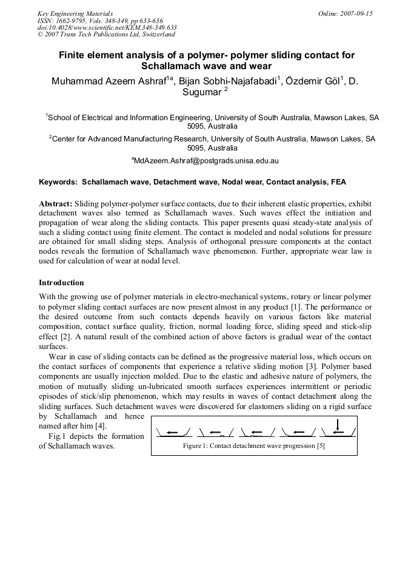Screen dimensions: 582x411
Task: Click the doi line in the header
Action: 107,27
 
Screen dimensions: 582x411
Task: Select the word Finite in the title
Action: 72,55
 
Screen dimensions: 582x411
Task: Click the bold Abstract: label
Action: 56,203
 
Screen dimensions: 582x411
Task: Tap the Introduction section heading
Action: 61,283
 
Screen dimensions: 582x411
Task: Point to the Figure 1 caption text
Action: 254,446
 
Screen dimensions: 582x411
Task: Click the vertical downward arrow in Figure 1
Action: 337,424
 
